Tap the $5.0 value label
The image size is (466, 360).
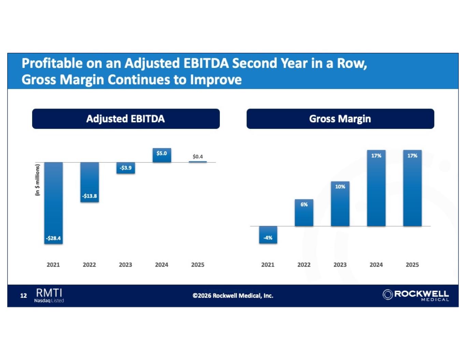(161, 153)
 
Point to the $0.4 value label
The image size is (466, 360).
(198, 157)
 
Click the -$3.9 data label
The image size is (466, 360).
(126, 168)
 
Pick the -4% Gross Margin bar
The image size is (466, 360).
(268, 235)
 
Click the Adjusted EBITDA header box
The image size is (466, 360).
(126, 119)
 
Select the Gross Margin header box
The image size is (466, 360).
(340, 119)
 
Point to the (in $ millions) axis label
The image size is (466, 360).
(38, 180)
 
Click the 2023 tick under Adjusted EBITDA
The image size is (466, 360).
(125, 265)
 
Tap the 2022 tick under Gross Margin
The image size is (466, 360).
(304, 265)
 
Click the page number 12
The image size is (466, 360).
(24, 296)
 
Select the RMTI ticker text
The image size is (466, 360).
(49, 293)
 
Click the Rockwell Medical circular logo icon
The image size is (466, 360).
(387, 294)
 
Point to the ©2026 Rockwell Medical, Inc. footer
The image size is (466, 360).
(233, 296)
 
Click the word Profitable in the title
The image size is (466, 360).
(52, 63)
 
